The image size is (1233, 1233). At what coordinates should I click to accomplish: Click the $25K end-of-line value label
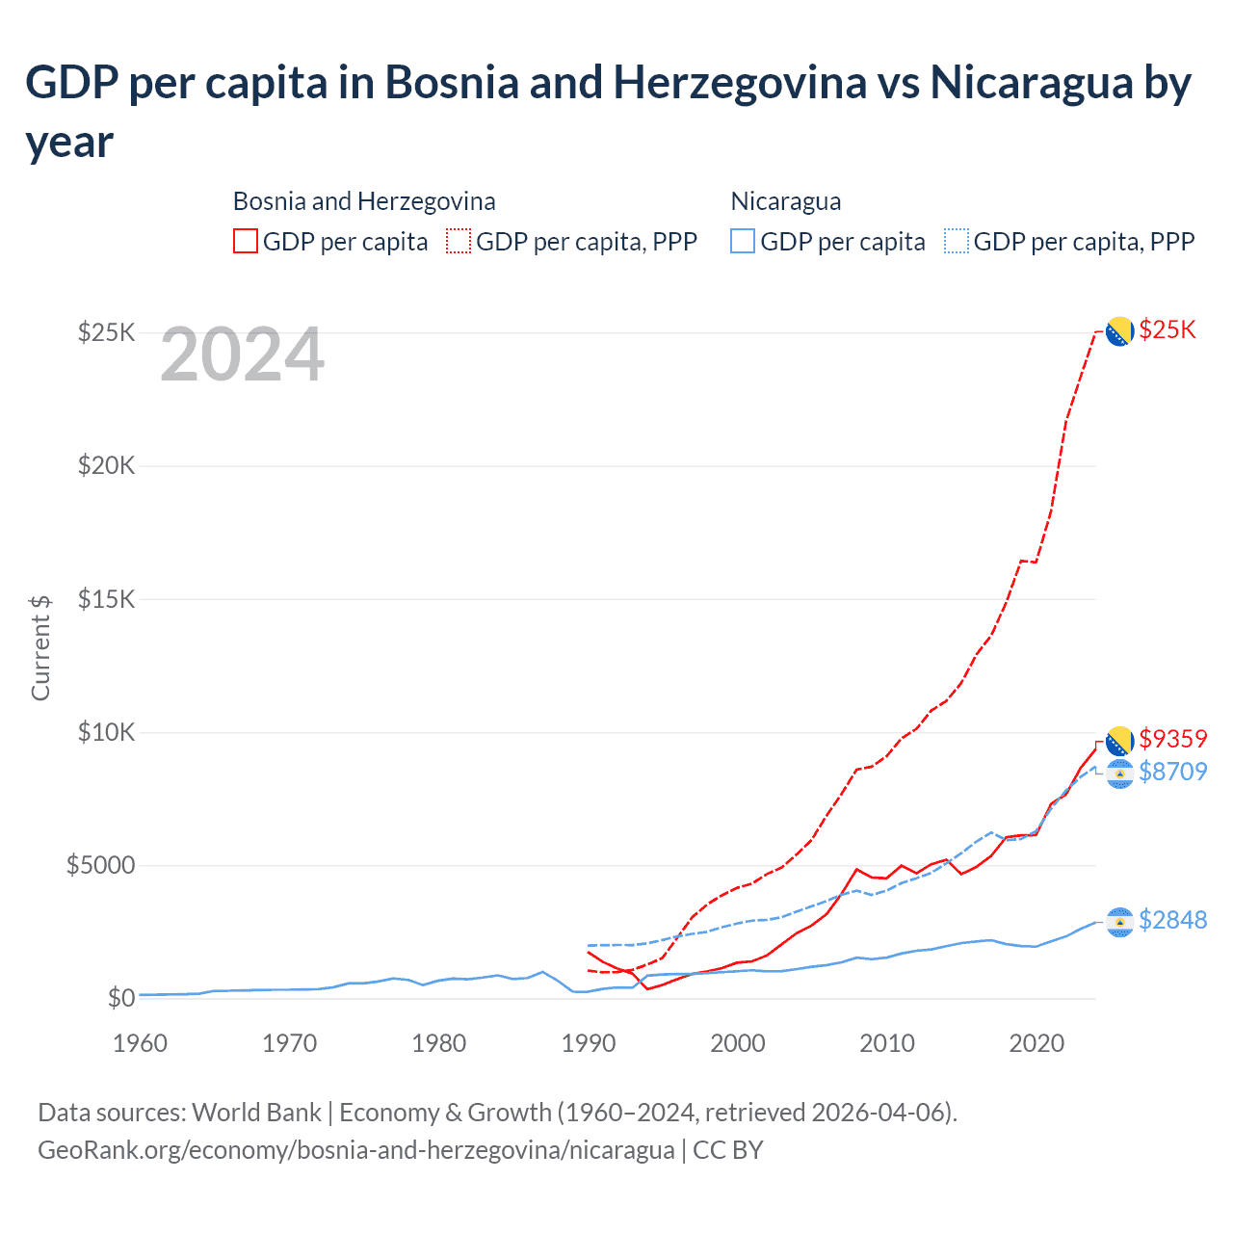1167,330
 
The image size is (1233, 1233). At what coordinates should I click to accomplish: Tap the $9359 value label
1172,739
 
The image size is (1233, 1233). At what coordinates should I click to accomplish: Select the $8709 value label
1172,772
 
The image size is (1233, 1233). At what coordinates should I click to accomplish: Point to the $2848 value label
1172,921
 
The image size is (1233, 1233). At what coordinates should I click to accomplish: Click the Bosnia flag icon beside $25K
1118,331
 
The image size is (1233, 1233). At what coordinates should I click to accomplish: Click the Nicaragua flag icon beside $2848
1118,922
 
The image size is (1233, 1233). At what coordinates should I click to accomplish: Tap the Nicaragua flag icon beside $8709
1118,774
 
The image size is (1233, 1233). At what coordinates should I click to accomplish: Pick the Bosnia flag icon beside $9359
1118,741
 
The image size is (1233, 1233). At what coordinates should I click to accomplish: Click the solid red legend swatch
246,241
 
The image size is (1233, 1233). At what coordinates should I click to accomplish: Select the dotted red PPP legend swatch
459,241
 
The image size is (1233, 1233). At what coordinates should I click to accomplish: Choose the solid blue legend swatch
743,241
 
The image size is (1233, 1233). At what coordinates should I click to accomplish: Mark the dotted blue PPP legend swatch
957,241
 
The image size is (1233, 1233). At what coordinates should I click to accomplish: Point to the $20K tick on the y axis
107,466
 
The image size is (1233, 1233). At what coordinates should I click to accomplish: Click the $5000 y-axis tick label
100,865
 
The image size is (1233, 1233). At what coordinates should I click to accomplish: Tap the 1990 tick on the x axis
589,1043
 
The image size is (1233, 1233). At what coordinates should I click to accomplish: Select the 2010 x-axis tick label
887,1043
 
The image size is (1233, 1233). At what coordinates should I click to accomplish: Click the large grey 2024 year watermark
242,355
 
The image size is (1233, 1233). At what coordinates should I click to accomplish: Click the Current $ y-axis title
40,647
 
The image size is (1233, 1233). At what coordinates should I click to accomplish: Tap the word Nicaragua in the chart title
1031,83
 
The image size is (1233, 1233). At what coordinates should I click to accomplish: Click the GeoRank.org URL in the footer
355,1150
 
